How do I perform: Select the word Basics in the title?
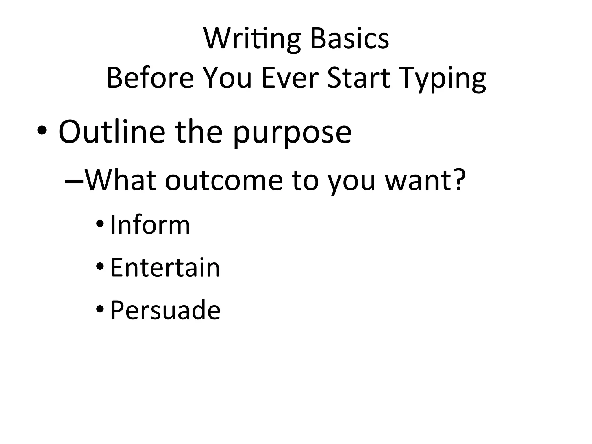tap(349, 39)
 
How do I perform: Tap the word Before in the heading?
tap(150, 78)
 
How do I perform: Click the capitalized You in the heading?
tap(227, 78)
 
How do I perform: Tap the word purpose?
tap(292, 134)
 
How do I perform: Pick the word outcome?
tap(224, 181)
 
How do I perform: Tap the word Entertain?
tap(165, 267)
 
